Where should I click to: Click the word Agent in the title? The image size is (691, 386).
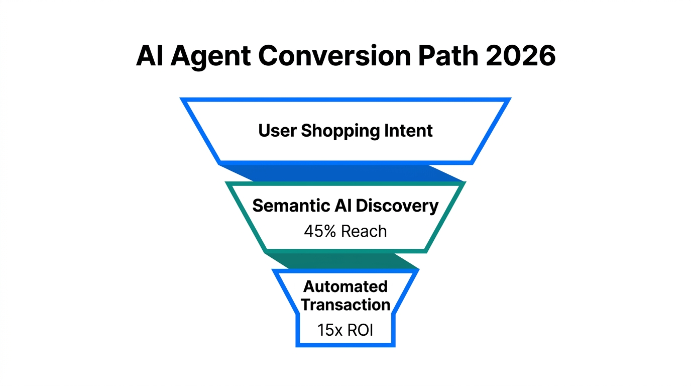pyautogui.click(x=210, y=57)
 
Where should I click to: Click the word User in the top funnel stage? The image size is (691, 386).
pyautogui.click(x=277, y=131)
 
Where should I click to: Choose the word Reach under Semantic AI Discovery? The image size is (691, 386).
pyautogui.click(x=364, y=231)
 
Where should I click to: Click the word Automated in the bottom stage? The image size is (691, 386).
pyautogui.click(x=345, y=286)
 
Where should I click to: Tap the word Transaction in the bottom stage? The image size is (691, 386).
pyautogui.click(x=345, y=305)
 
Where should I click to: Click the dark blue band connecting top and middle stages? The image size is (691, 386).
pyautogui.click(x=341, y=172)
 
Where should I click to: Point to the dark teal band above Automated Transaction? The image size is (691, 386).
pyautogui.click(x=341, y=260)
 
